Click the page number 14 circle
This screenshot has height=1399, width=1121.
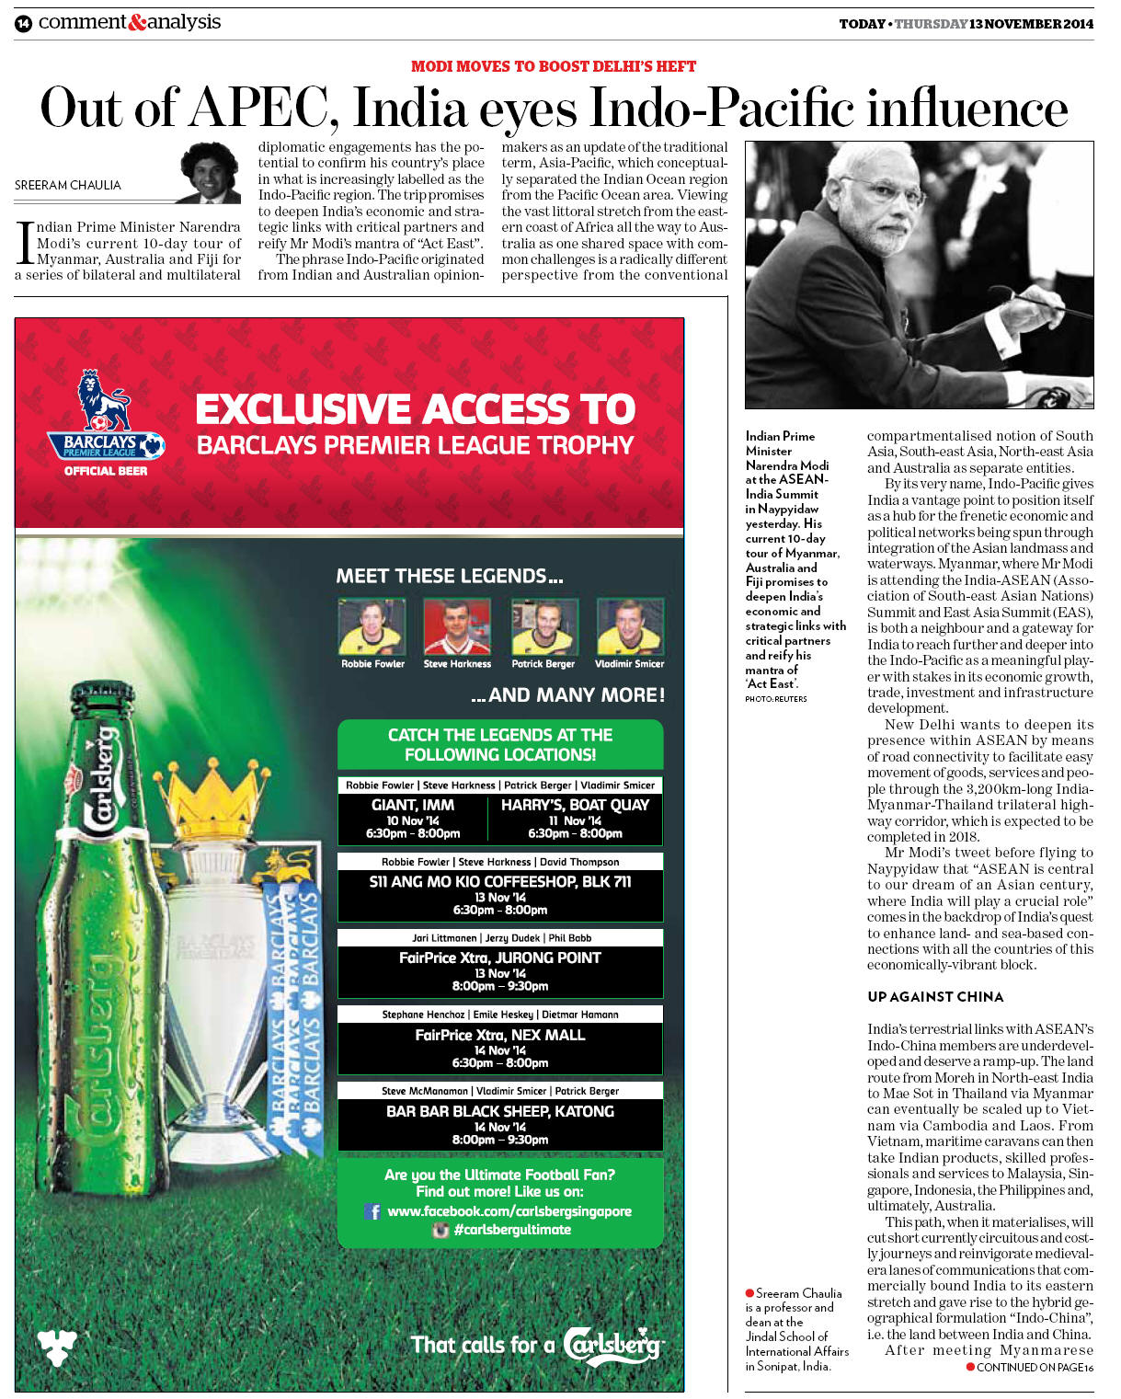pos(23,24)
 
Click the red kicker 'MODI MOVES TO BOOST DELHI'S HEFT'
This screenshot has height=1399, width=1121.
pos(553,66)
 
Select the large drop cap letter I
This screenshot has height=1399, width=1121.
pos(25,242)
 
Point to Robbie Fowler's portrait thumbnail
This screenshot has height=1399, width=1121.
pos(372,626)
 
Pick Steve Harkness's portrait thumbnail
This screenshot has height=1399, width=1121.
pos(457,626)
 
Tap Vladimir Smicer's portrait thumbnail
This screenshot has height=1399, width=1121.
pos(629,626)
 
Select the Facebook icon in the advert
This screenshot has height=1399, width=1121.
pos(372,1211)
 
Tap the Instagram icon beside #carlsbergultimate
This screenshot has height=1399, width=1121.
pos(440,1230)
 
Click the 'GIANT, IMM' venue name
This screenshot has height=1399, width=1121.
pos(413,805)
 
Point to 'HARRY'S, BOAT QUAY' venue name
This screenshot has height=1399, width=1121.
pos(575,805)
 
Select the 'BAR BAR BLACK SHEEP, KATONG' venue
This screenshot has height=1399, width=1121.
pos(500,1111)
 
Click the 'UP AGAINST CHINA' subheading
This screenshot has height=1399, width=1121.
pos(935,997)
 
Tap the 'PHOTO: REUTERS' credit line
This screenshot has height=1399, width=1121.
pos(776,699)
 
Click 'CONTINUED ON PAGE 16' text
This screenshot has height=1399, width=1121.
pos(1035,1368)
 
